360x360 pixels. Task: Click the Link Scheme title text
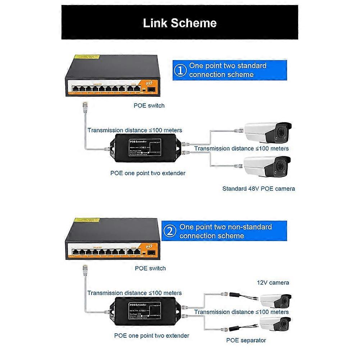tap(179, 23)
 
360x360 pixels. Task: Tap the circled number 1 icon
tap(180, 70)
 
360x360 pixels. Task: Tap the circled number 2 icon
tap(170, 232)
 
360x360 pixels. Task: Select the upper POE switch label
tap(149, 105)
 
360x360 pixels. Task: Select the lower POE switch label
tap(150, 268)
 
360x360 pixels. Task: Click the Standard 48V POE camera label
tap(258, 188)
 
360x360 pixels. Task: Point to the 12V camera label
tap(273, 283)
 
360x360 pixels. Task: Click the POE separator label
tap(246, 340)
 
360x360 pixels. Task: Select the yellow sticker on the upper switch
tap(85, 57)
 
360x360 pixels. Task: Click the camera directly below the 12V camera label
tap(275, 300)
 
